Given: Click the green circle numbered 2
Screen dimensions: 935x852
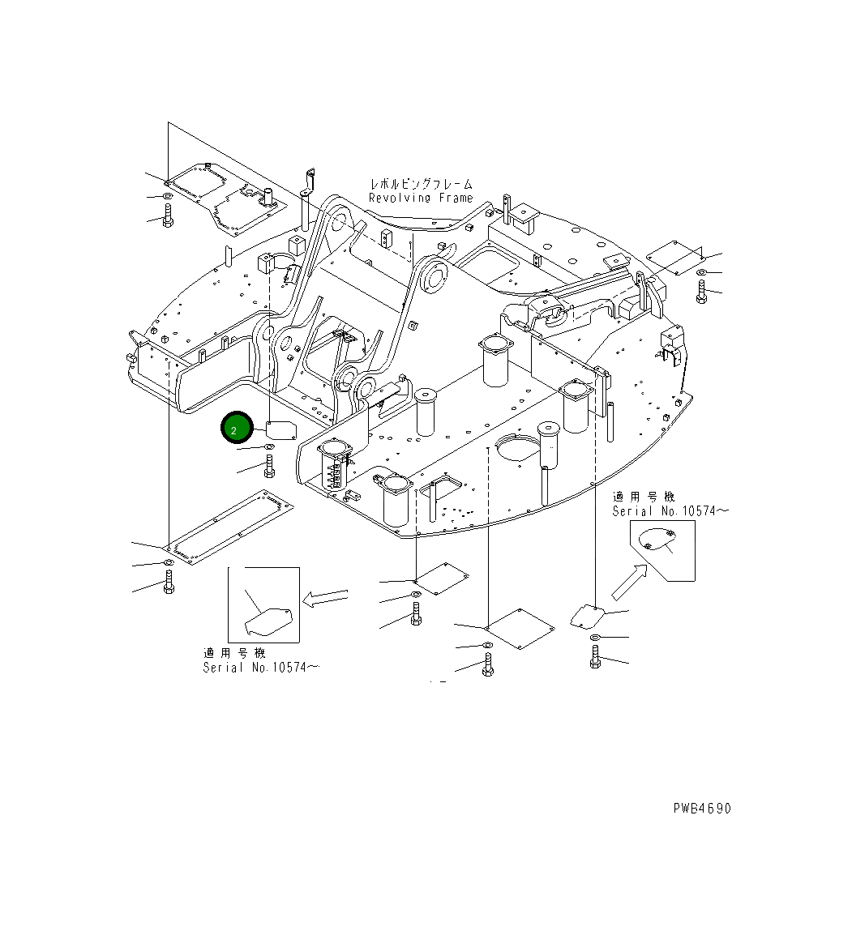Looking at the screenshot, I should (x=234, y=429).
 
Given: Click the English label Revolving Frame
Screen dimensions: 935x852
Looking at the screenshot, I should (x=420, y=198).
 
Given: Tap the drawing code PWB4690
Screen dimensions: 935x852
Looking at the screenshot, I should (x=701, y=808).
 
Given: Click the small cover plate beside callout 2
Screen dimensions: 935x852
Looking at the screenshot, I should (x=280, y=429).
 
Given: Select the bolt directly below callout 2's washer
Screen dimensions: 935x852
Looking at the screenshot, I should (x=269, y=466).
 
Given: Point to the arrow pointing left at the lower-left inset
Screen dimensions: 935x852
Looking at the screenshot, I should (x=324, y=598).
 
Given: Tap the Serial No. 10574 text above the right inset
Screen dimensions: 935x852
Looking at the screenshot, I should (x=670, y=510).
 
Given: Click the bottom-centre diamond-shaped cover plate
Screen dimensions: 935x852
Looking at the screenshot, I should (x=520, y=629).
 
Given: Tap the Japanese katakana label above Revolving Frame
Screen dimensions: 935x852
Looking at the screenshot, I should (x=421, y=185).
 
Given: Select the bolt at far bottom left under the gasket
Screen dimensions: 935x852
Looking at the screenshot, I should (x=169, y=583).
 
